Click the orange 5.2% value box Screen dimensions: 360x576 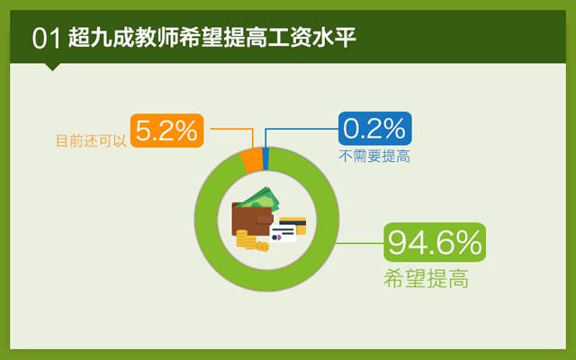point(166,131)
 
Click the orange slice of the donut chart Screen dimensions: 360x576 point(253,158)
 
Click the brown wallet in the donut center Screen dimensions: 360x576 point(251,216)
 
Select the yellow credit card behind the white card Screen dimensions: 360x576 point(295,223)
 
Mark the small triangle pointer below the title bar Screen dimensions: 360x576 point(53,66)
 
